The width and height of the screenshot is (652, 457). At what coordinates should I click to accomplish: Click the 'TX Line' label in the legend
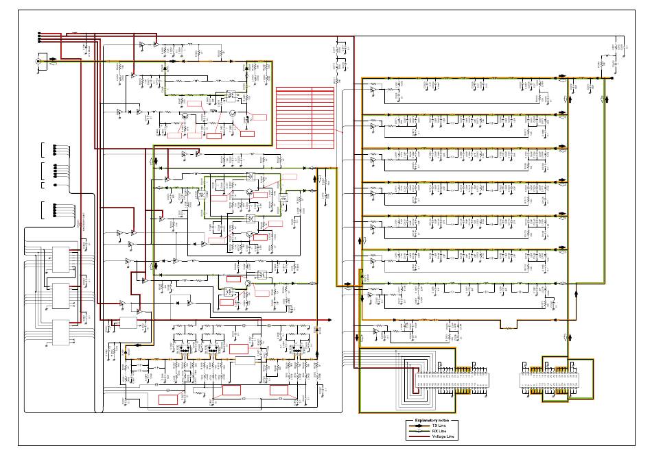click(439, 425)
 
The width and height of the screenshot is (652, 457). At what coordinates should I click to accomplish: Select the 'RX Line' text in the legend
click(439, 431)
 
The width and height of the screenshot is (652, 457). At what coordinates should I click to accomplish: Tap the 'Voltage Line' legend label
click(443, 436)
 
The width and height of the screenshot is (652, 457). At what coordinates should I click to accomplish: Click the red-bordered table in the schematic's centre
click(304, 116)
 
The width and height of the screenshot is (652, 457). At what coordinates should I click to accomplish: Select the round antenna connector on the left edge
click(38, 61)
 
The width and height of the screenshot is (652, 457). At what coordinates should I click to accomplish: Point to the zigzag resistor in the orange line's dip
click(509, 328)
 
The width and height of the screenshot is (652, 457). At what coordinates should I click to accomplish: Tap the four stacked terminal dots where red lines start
click(40, 37)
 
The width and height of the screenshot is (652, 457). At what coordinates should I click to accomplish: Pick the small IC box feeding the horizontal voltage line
click(128, 322)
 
